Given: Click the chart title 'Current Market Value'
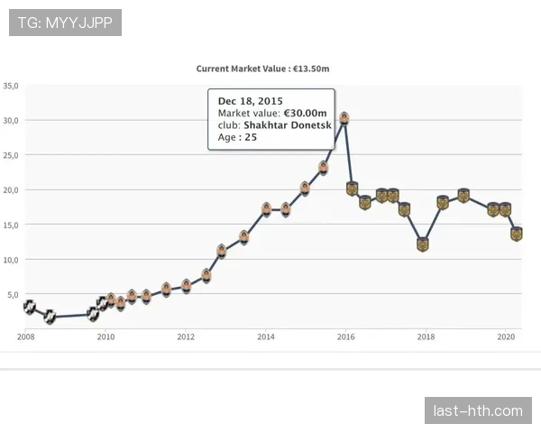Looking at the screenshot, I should pyautogui.click(x=241, y=68).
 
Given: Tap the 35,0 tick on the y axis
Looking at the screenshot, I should pyautogui.click(x=11, y=86).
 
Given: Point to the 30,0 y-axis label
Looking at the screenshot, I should pyautogui.click(x=11, y=120).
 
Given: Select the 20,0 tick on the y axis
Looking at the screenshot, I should pyautogui.click(x=11, y=190).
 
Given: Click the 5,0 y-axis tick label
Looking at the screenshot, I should pyautogui.click(x=13, y=295).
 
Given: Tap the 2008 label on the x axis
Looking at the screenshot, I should pyautogui.click(x=26, y=337).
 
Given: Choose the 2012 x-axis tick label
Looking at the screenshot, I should pyautogui.click(x=186, y=337).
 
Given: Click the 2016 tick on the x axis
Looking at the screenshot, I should pyautogui.click(x=345, y=337).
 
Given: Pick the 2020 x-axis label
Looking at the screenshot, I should pyautogui.click(x=505, y=337).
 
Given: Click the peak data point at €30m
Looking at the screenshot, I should pyautogui.click(x=344, y=118).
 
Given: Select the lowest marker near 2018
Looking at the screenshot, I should pyautogui.click(x=423, y=244).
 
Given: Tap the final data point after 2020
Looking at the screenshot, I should pyautogui.click(x=517, y=234).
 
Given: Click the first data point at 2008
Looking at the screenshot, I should pyautogui.click(x=29, y=307).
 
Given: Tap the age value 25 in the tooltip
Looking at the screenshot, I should pyautogui.click(x=251, y=138).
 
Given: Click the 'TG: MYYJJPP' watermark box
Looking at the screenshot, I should pyautogui.click(x=65, y=22).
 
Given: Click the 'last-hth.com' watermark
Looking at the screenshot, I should pyautogui.click(x=477, y=411).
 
